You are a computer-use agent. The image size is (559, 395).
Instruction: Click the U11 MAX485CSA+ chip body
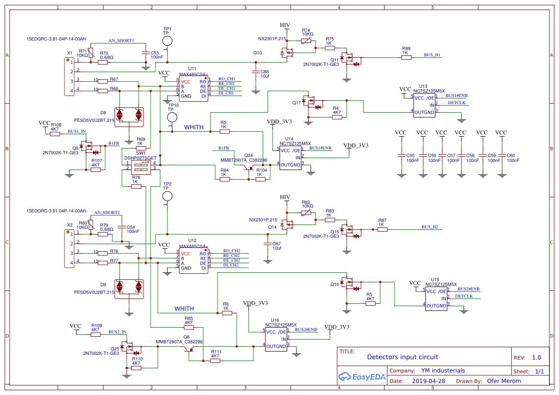193,88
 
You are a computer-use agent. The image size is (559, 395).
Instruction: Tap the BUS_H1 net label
432,55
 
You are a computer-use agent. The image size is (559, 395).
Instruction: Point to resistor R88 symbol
406,58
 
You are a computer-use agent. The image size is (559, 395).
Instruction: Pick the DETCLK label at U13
457,103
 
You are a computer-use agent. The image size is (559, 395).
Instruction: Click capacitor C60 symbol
501,156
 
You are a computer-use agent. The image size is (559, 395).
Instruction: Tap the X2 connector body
69,248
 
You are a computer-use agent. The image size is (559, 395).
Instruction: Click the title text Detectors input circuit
402,357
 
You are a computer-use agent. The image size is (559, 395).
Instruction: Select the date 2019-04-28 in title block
428,381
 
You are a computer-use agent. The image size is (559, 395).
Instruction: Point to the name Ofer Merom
504,381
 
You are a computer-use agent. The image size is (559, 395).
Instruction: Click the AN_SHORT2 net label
107,212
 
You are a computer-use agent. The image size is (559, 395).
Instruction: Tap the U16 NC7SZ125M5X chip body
276,339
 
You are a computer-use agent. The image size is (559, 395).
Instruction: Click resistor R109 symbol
96,335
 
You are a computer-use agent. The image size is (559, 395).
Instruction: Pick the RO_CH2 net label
231,251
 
